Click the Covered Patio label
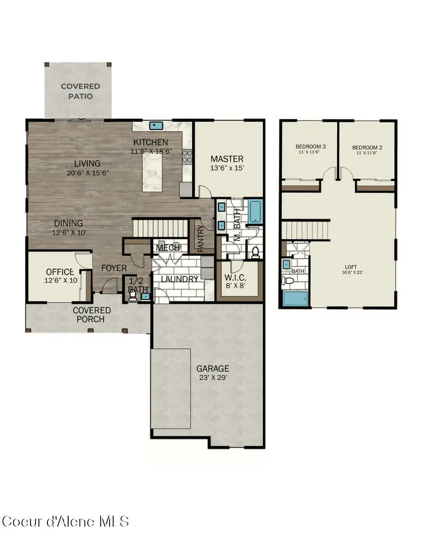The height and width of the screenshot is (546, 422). [80, 91]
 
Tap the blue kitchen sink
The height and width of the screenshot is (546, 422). [155, 125]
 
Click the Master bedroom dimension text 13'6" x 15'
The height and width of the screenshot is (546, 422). [227, 168]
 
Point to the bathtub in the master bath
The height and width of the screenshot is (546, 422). [255, 212]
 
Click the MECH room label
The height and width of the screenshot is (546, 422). [165, 247]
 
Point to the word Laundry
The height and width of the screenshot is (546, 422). [180, 279]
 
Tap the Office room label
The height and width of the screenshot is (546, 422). [60, 272]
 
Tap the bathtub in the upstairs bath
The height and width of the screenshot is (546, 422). [295, 299]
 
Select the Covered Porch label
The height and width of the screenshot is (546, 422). [92, 315]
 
